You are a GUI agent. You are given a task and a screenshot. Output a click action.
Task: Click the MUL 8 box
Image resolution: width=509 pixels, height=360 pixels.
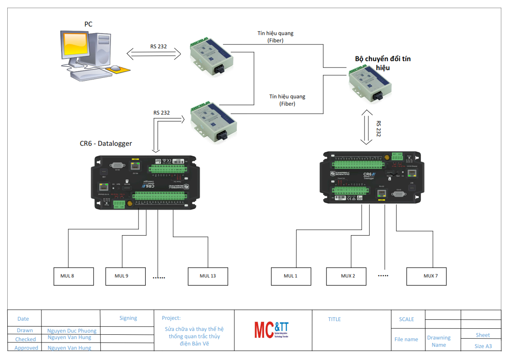tap(74, 276)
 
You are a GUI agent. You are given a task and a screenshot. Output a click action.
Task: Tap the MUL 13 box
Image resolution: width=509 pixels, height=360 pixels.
tap(208, 276)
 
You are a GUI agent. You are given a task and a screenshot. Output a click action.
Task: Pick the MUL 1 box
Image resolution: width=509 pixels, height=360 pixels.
tap(291, 276)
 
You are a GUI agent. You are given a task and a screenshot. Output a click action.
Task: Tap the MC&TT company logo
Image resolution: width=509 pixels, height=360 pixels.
tap(271, 329)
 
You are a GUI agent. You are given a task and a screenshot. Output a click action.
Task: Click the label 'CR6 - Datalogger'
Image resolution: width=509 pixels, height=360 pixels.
tap(106, 144)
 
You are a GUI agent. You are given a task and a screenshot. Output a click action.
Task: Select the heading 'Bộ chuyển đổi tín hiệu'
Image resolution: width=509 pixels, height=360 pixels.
tap(382, 63)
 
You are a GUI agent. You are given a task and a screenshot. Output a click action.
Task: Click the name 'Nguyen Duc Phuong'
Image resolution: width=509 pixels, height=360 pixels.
tap(72, 330)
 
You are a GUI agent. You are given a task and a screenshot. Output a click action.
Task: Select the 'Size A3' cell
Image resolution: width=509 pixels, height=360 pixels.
tap(483, 346)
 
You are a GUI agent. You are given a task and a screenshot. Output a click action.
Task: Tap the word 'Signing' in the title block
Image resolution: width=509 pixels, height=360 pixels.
tap(128, 318)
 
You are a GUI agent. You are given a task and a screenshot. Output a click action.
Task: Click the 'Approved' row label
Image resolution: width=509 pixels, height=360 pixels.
tap(26, 348)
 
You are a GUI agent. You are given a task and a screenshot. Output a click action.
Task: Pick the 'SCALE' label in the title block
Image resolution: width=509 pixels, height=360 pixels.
tap(406, 319)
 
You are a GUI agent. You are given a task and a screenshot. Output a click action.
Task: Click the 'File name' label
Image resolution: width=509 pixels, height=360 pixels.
tap(406, 339)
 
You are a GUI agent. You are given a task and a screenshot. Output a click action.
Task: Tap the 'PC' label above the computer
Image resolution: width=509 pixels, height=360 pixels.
tap(88, 24)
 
